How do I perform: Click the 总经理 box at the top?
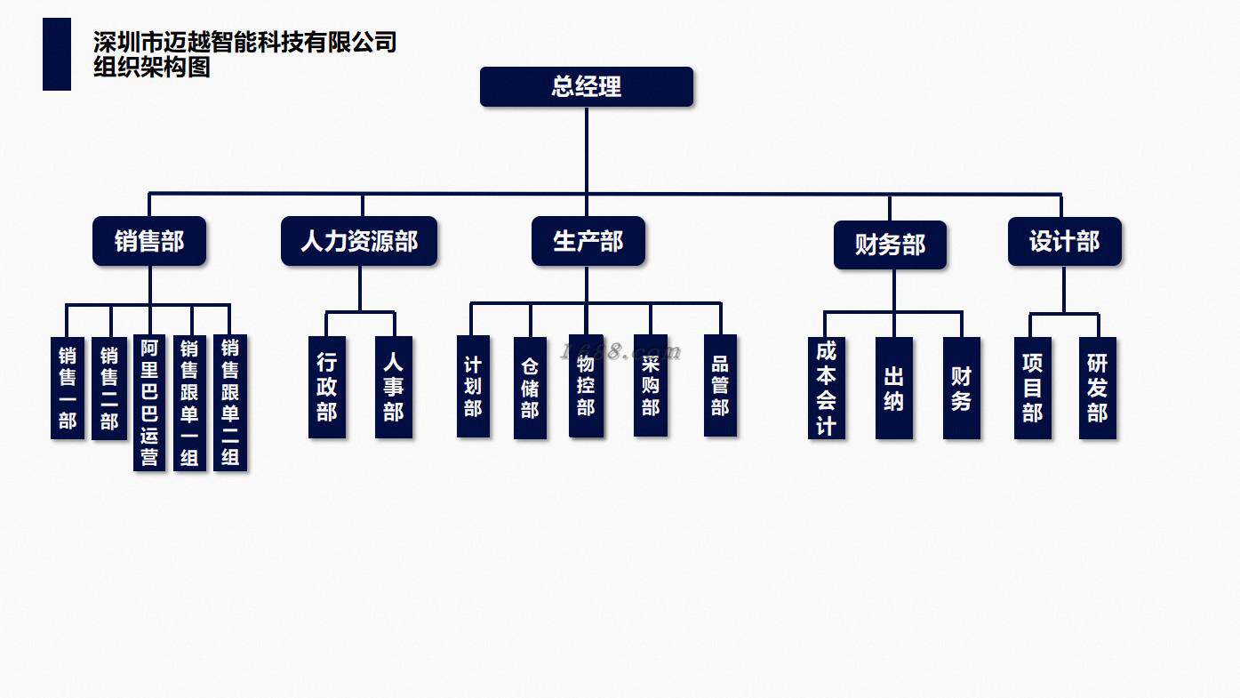(x=587, y=87)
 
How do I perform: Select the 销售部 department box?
(x=149, y=241)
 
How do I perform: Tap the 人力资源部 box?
(x=359, y=241)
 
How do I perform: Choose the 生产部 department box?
(x=588, y=241)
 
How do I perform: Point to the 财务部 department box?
(x=890, y=245)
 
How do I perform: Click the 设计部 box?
(x=1064, y=242)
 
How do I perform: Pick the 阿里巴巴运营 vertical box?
(x=149, y=403)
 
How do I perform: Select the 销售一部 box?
(x=68, y=388)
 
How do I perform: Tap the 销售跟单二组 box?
(x=230, y=403)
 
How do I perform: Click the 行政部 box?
(x=327, y=387)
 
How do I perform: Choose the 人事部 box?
(x=394, y=387)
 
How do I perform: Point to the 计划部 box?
(x=473, y=386)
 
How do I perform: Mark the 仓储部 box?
(x=530, y=388)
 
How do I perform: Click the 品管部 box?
(x=720, y=386)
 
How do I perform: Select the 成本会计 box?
(x=827, y=388)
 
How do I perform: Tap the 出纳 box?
(x=894, y=388)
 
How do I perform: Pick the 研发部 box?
(x=1098, y=388)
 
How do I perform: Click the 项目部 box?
(x=1033, y=388)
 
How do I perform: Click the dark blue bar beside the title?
(x=57, y=54)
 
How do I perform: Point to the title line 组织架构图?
(x=152, y=68)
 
